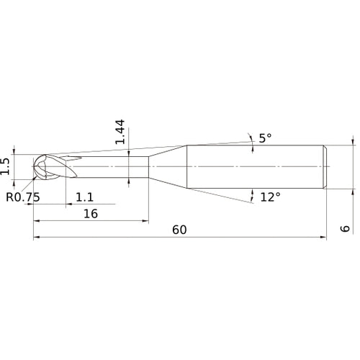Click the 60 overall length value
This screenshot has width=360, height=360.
(x=179, y=230)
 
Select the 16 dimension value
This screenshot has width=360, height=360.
(x=90, y=214)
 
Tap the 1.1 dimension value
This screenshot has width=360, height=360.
(x=84, y=197)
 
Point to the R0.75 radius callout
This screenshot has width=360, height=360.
(x=22, y=197)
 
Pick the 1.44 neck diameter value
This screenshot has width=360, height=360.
(x=120, y=132)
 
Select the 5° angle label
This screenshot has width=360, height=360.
(x=266, y=138)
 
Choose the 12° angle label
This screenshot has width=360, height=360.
(x=269, y=197)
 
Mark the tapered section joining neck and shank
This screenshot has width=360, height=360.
(x=168, y=167)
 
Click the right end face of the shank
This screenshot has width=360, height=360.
(x=327, y=167)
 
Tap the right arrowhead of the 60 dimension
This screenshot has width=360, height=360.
(x=324, y=237)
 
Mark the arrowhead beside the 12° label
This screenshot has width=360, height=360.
(x=253, y=192)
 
